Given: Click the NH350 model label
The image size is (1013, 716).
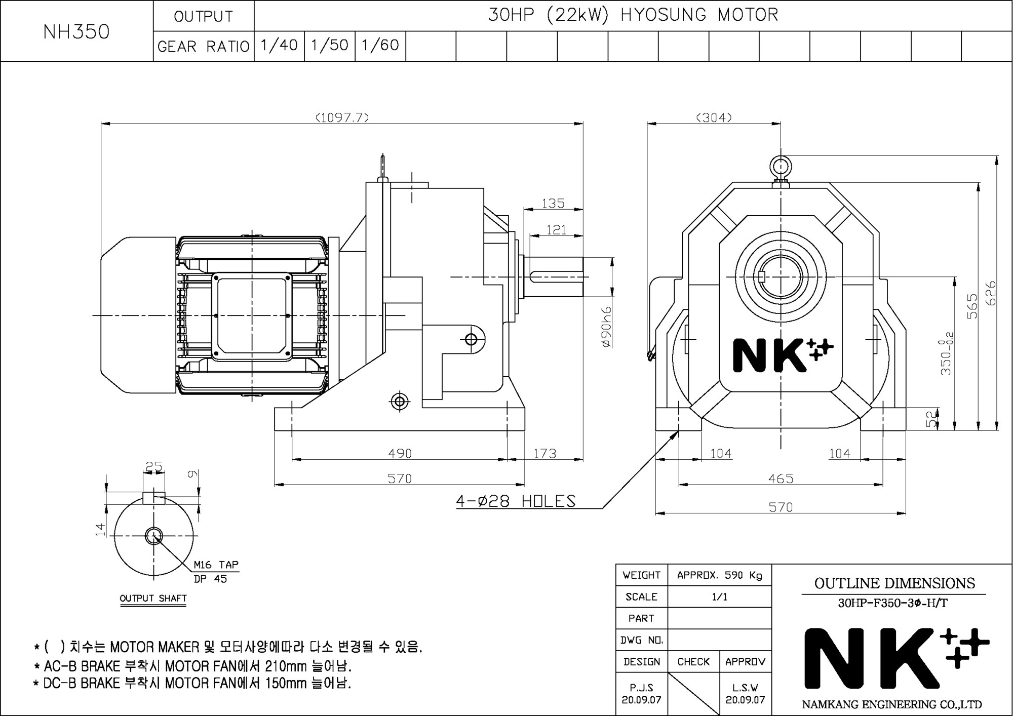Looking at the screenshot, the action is [x=76, y=31].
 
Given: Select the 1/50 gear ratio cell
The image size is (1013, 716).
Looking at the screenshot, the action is [x=330, y=46].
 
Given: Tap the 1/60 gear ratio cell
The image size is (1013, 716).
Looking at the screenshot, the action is [x=380, y=46].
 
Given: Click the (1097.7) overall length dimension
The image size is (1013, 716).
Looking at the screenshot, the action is [x=342, y=117].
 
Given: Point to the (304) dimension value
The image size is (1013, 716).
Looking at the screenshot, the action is [x=714, y=117].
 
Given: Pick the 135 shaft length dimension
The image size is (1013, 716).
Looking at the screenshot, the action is [x=553, y=203].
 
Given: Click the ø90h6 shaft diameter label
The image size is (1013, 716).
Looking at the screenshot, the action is [x=606, y=327].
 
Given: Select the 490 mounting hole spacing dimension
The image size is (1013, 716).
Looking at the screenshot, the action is [x=400, y=453].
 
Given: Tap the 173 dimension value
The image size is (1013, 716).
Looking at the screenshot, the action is [x=545, y=453].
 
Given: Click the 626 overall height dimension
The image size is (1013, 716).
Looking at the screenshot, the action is [x=991, y=293].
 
